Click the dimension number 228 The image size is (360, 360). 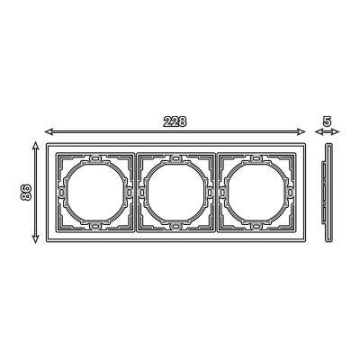coord(175,121)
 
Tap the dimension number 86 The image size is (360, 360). coord(26,193)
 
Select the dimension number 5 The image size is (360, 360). coord(327,121)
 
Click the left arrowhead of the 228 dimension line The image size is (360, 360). coord(49,131)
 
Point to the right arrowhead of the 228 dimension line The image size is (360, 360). coord(301,131)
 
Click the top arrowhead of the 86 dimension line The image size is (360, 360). coord(36,146)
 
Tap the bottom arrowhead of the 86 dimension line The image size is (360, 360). coord(36,238)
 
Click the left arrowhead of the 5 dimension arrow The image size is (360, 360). coord(318,131)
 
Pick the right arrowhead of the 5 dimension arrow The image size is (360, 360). coord(336,131)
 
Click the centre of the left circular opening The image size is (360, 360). coord(95,192)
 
